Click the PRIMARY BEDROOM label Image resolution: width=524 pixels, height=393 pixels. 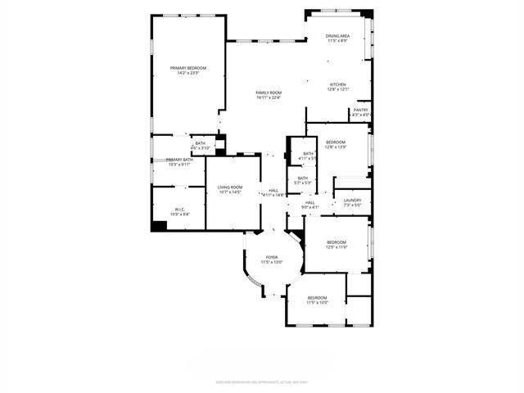pos(187,67)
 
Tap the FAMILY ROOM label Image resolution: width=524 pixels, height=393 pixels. pos(269,93)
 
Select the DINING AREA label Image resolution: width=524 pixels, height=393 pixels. pos(338,36)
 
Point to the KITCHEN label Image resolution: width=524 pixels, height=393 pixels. pos(338,84)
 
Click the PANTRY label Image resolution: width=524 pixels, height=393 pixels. pos(361,110)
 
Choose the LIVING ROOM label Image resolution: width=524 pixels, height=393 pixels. pos(228,187)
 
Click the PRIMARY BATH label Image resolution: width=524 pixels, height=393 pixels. pos(179,160)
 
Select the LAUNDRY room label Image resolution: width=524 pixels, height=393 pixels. pos(353,200)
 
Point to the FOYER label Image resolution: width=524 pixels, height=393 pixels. pos(271,257)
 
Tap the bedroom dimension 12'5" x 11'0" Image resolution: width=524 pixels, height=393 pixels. pos(337,246)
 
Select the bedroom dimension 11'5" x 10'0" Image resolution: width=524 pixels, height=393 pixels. pos(317,302)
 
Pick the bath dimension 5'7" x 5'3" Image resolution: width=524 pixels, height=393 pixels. pos(303,183)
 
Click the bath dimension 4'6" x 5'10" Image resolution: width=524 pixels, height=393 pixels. pos(200,148)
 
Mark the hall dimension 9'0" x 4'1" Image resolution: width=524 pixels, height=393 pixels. pos(310,207)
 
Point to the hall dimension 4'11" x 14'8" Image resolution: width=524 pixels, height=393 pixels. pos(273,195)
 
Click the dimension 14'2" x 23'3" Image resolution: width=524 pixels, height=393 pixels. pos(187,73)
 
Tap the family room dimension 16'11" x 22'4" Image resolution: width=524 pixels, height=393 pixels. pos(269,97)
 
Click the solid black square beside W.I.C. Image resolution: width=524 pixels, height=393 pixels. pos(159,225)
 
